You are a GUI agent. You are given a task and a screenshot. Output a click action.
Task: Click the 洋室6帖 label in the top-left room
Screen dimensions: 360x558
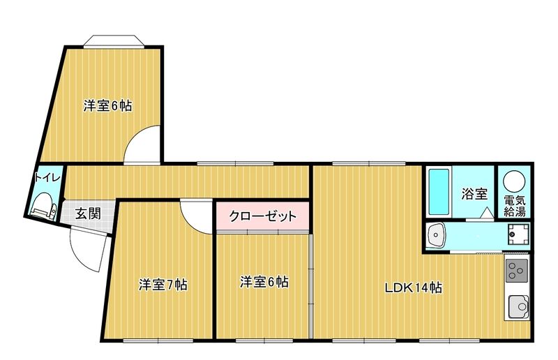108,106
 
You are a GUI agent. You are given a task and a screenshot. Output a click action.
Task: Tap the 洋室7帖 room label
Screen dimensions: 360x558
163,285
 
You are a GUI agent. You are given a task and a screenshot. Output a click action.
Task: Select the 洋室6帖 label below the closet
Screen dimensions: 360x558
264,282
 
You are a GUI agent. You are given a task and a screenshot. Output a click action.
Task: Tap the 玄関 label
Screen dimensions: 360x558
88,213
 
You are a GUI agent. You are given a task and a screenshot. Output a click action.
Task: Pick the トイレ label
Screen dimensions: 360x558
47,177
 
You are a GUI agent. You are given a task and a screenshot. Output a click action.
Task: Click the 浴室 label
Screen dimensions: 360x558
474,195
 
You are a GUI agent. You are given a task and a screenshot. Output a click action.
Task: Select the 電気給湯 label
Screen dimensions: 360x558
515,205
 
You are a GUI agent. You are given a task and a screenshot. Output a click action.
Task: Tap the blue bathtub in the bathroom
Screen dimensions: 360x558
437,193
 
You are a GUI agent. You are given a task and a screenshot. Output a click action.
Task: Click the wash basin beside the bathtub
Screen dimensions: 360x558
437,235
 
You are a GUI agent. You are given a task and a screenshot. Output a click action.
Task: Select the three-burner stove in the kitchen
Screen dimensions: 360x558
517,269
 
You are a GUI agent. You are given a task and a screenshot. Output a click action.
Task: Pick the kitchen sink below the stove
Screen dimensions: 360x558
518,306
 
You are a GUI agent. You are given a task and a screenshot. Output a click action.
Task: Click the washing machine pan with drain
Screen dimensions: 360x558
516,235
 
